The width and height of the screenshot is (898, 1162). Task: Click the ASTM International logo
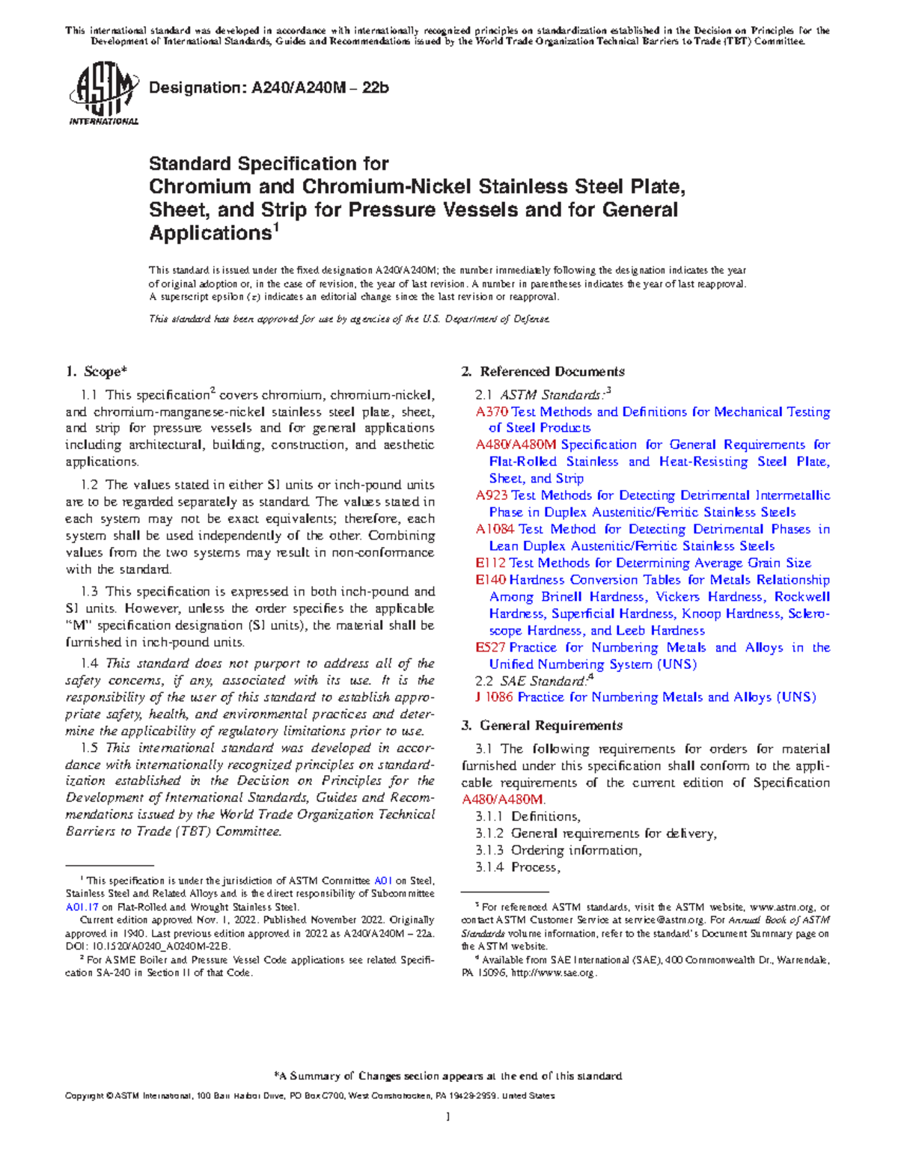pos(103,95)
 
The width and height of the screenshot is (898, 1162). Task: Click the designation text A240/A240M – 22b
pos(269,88)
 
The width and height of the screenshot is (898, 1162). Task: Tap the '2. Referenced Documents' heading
pos(543,371)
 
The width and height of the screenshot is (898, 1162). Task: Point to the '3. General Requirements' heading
pos(542,725)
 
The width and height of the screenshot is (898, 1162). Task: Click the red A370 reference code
pos(492,412)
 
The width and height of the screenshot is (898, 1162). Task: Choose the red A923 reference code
pos(492,495)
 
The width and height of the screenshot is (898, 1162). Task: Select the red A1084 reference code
pos(495,529)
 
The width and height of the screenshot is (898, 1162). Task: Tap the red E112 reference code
pos(490,563)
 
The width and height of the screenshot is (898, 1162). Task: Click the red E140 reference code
pos(490,580)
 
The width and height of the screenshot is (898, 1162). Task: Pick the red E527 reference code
pos(490,647)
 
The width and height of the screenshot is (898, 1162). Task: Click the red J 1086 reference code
pos(495,697)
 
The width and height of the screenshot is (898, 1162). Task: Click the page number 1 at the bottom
pos(448,1117)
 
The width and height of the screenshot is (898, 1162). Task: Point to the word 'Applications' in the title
pos(209,233)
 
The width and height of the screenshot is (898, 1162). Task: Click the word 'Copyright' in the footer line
pos(85,1095)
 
